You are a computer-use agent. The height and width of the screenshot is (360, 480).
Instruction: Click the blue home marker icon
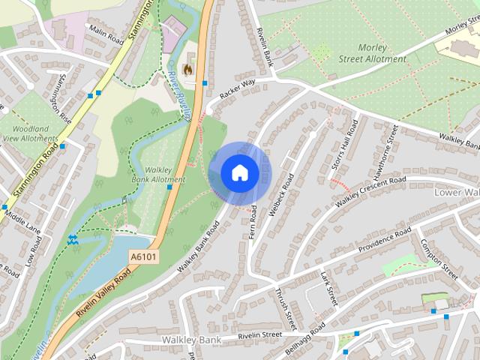click(239, 172)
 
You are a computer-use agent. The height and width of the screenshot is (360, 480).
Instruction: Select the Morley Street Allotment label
click(371, 52)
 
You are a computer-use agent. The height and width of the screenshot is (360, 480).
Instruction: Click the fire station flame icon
click(190, 66)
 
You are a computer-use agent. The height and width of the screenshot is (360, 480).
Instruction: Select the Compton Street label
click(438, 259)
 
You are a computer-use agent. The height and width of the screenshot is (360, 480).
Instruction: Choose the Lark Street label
click(328, 289)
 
